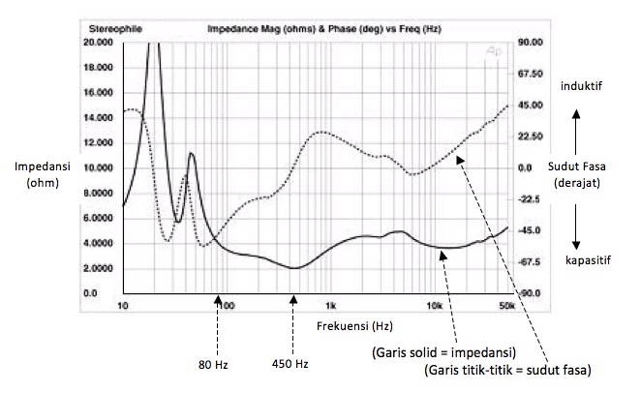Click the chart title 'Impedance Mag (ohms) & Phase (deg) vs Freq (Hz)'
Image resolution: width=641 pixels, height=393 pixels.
pos(324,30)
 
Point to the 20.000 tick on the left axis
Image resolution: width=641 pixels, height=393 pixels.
pos(100,44)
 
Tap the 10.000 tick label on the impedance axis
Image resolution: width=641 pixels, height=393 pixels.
pos(100,168)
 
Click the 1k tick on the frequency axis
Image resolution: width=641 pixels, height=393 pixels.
pos(330,307)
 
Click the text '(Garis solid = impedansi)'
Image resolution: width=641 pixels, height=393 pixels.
pos(443,350)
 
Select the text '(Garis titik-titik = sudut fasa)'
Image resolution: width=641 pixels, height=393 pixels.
pos(507,370)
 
